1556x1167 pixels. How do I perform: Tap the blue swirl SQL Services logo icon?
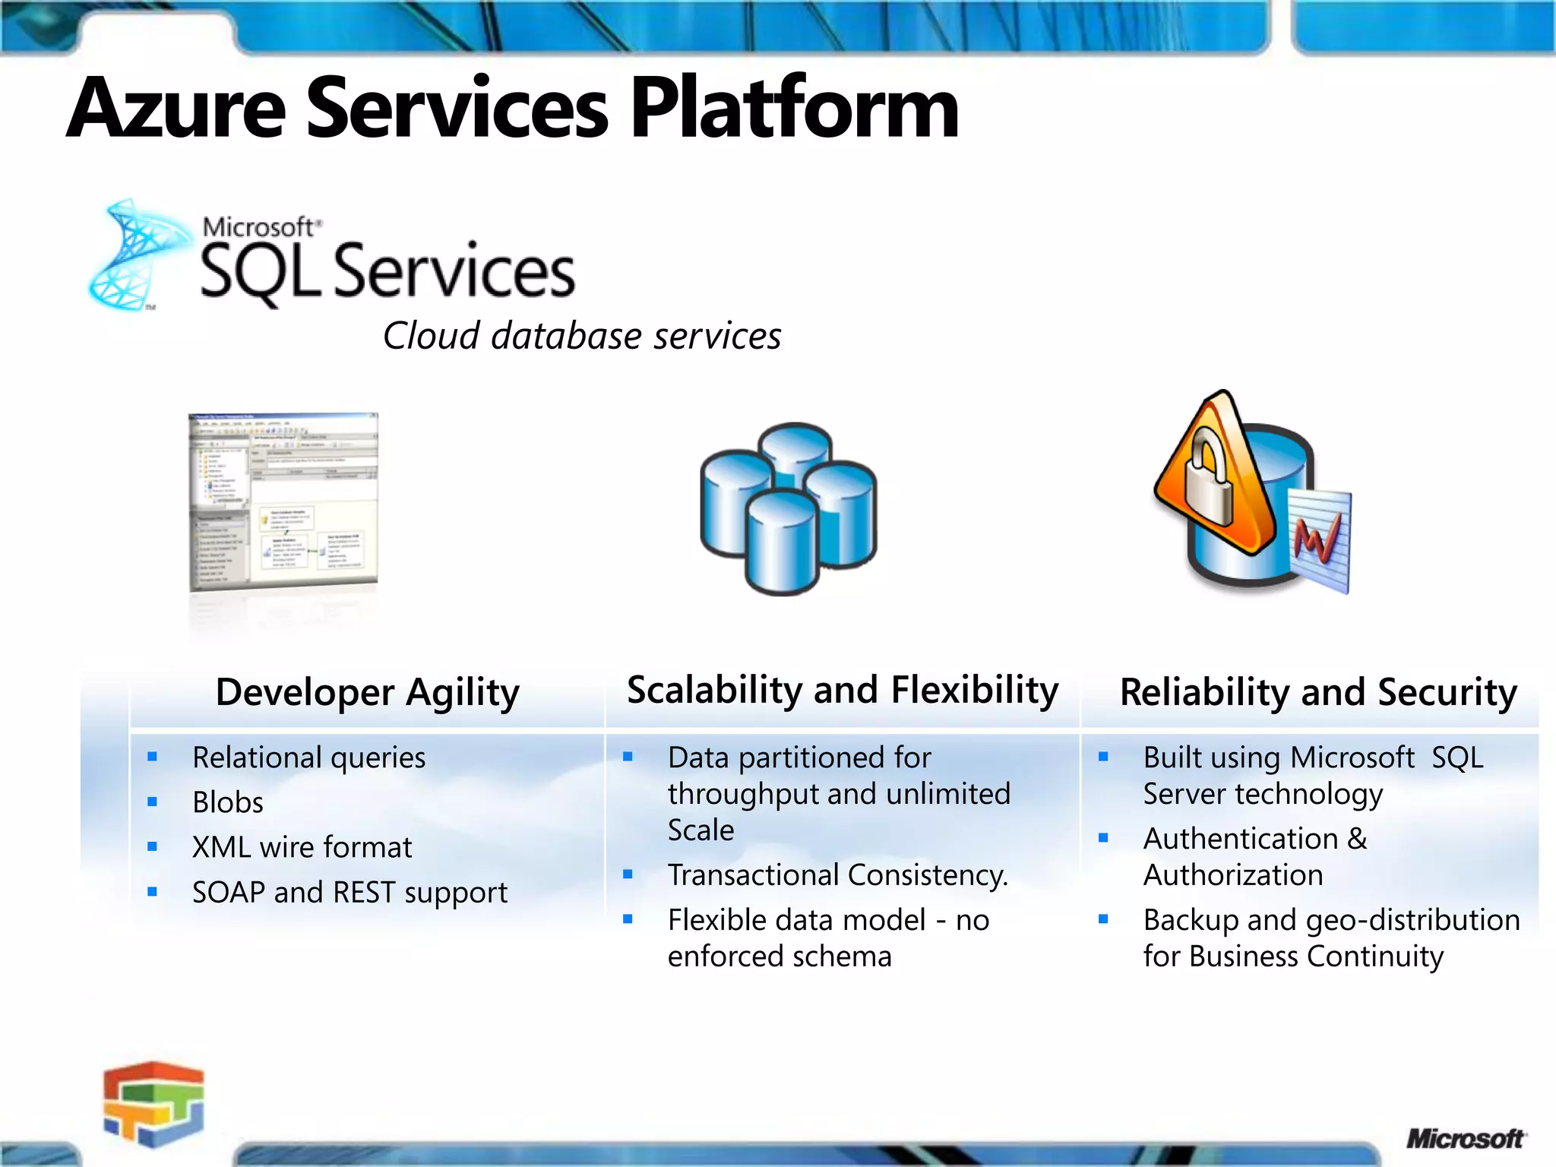[x=137, y=255]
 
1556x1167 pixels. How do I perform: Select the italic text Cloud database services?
[x=582, y=336]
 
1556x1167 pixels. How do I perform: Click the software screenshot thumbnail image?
[x=283, y=501]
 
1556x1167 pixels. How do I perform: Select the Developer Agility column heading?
[x=367, y=693]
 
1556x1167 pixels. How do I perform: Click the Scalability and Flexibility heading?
[x=842, y=690]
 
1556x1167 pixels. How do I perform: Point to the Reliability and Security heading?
[x=1318, y=693]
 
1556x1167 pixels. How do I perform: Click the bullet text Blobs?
[x=228, y=802]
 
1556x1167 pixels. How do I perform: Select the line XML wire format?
[x=302, y=847]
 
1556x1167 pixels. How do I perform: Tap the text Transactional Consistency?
[x=837, y=875]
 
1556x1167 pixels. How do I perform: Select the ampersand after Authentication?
[x=1357, y=839]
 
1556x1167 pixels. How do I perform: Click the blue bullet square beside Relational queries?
[x=153, y=757]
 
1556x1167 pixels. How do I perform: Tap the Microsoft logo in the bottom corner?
[x=1465, y=1138]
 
